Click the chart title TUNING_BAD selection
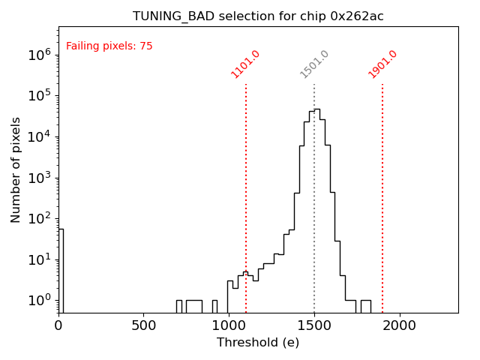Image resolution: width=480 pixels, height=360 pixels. click(258, 16)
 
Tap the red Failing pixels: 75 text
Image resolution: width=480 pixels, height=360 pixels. click(109, 46)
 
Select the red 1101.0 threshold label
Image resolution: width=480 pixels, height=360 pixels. click(245, 64)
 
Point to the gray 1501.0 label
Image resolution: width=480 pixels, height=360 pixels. click(314, 64)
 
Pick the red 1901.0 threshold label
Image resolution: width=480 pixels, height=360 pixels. click(382, 64)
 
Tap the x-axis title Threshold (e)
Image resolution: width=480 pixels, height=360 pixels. click(258, 343)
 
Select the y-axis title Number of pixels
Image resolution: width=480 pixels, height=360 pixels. click(16, 169)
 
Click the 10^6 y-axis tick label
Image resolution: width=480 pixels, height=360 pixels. click(40, 55)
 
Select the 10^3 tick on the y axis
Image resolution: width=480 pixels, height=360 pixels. click(40, 178)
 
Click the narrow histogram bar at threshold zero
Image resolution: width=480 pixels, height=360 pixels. click(61, 270)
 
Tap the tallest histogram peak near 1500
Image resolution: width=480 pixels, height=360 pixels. click(316, 110)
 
